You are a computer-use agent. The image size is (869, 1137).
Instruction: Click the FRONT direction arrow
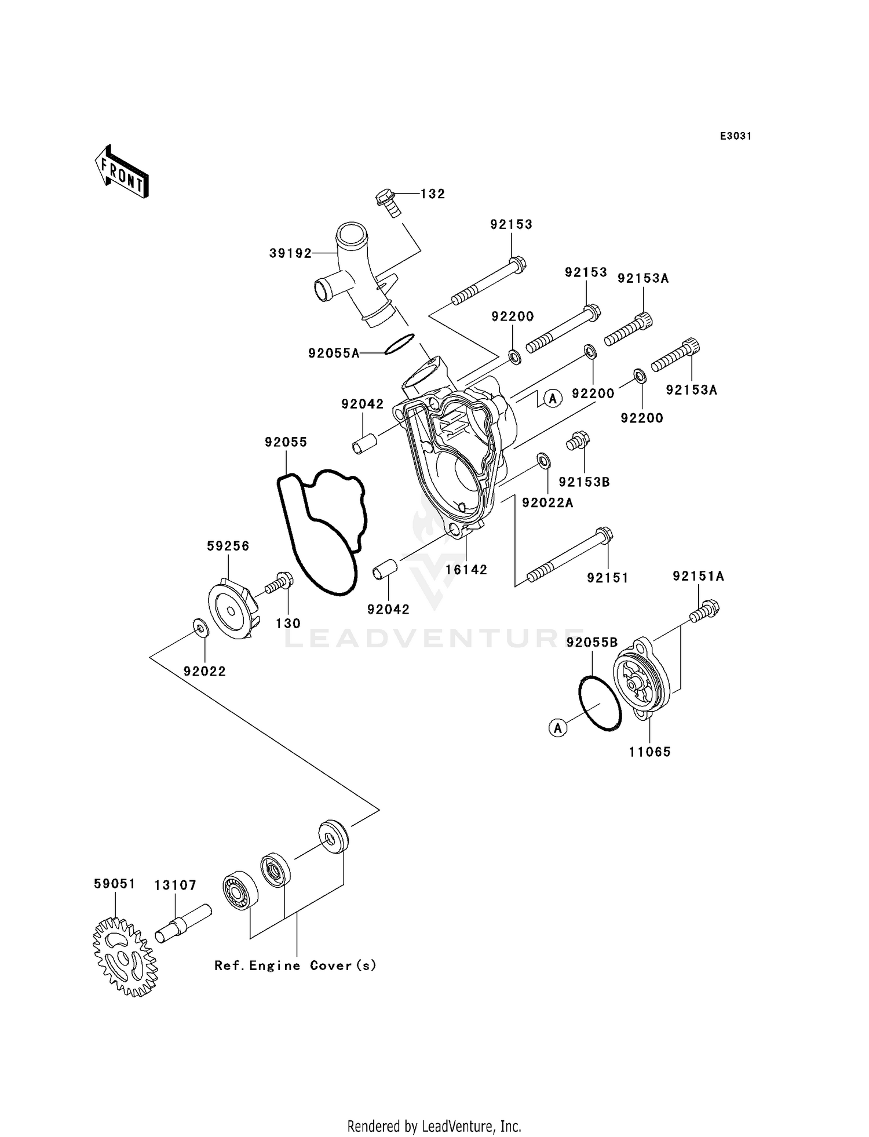click(x=122, y=173)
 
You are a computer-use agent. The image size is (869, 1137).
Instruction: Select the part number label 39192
click(x=290, y=253)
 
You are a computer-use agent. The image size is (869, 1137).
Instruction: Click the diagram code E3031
click(x=735, y=136)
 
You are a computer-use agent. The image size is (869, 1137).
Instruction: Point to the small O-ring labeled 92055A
click(x=400, y=344)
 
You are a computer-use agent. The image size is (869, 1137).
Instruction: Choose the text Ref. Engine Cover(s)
click(x=295, y=965)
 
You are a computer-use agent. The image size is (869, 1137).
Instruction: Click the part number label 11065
click(x=649, y=752)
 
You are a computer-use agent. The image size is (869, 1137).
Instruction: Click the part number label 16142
click(x=466, y=570)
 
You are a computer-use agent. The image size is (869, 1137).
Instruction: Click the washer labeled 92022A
click(x=543, y=461)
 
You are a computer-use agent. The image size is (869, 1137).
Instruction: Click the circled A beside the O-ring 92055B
click(x=558, y=728)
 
